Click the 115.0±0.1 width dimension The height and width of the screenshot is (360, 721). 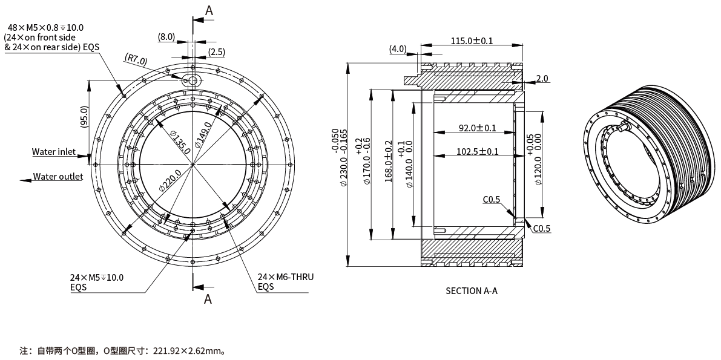[472, 41]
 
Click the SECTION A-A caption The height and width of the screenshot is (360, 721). [472, 291]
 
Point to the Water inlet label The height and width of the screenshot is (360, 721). [54, 152]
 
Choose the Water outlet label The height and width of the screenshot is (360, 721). [58, 177]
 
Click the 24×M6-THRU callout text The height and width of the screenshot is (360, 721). [286, 277]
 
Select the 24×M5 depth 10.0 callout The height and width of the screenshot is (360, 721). [96, 277]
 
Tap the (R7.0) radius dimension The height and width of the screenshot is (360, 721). [136, 59]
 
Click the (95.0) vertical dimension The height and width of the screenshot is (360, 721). [84, 117]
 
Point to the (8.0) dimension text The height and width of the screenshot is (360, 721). [166, 37]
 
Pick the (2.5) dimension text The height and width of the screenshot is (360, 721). [217, 52]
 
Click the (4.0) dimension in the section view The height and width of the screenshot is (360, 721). [398, 48]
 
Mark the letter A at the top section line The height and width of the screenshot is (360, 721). [209, 10]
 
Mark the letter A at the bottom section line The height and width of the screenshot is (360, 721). [208, 298]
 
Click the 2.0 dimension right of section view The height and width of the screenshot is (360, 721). [542, 79]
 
